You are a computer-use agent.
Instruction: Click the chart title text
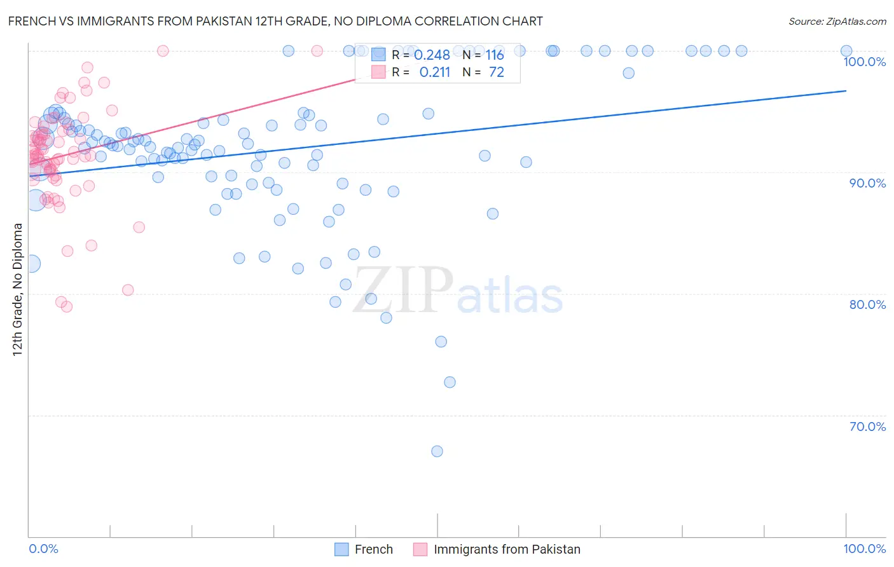(275, 21)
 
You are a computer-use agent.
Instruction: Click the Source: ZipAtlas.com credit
(837, 21)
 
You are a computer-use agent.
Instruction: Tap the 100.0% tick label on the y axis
(864, 62)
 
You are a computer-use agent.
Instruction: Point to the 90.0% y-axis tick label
(867, 183)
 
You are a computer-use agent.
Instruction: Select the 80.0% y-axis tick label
(867, 304)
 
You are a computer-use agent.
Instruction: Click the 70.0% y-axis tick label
(867, 427)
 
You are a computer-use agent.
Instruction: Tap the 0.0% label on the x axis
(43, 549)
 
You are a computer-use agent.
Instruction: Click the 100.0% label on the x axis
(864, 549)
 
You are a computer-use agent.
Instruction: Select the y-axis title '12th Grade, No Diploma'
(18, 289)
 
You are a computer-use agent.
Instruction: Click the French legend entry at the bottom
(373, 549)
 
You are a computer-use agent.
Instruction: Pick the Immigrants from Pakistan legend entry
(507, 549)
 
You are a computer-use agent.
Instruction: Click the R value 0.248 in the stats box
(432, 55)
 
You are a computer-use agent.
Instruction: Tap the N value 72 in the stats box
(496, 72)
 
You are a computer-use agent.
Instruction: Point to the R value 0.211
(434, 72)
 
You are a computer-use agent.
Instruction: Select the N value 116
(495, 55)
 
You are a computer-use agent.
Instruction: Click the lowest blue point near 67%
(437, 451)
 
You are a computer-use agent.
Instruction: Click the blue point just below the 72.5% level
(450, 382)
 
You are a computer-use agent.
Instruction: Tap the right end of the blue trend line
(846, 91)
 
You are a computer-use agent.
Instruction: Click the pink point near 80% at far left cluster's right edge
(128, 290)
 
